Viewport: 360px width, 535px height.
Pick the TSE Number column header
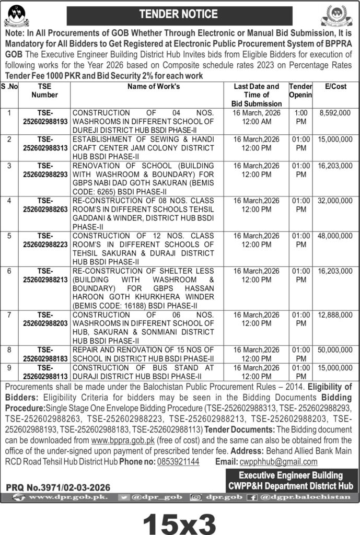point(44,91)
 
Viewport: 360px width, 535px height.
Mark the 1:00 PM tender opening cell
point(300,117)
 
